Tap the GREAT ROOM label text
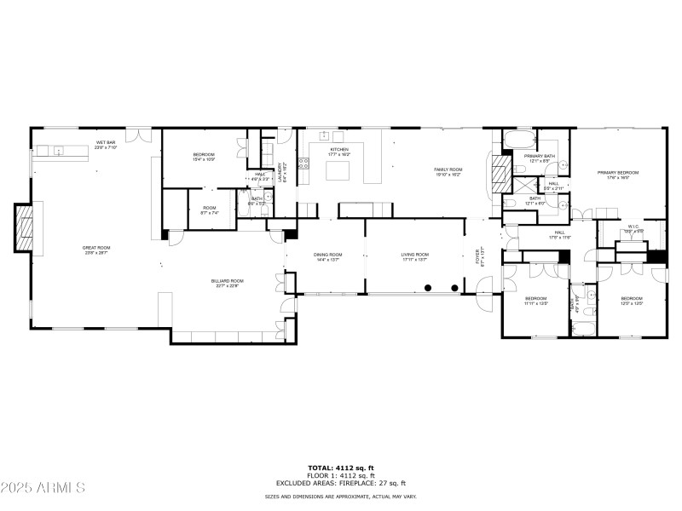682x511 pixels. (97, 250)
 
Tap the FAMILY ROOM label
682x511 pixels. (448, 171)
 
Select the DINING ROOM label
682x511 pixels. (328, 256)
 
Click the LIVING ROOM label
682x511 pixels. (415, 256)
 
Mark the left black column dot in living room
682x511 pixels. (428, 287)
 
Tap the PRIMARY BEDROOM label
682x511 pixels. (618, 175)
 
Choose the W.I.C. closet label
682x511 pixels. (633, 229)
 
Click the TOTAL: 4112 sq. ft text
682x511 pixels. (341, 468)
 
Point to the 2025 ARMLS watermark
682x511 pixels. (43, 488)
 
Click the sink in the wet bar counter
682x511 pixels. (59, 152)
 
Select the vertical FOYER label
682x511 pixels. (478, 257)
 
